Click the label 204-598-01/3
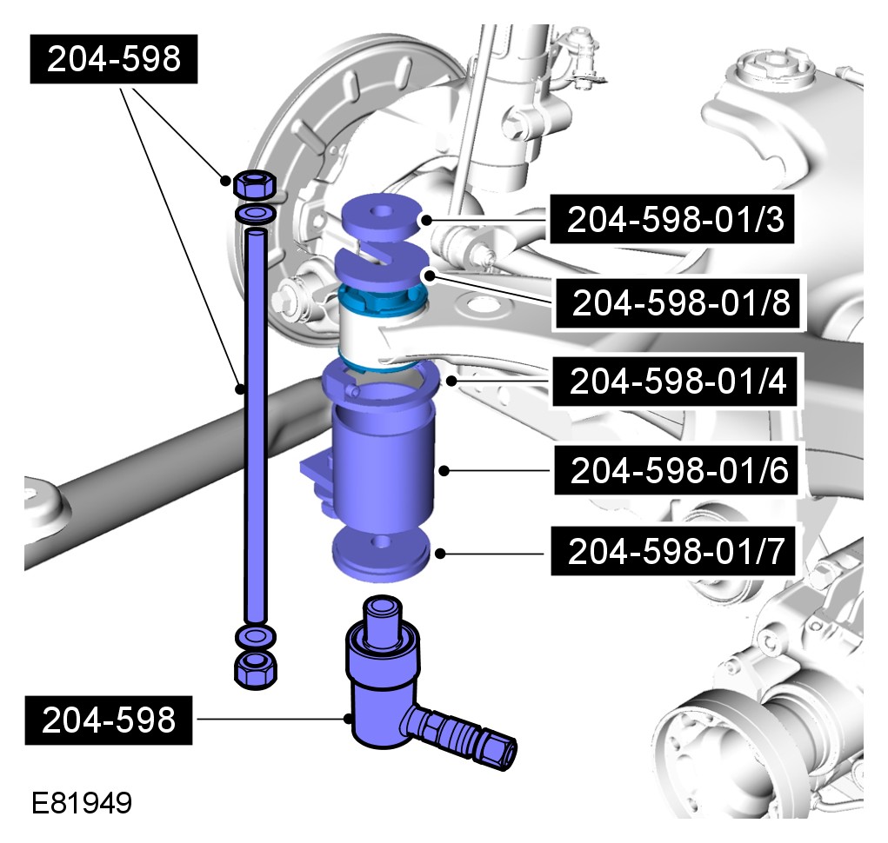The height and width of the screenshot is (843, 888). pyautogui.click(x=671, y=219)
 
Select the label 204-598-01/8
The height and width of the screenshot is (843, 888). pyautogui.click(x=678, y=302)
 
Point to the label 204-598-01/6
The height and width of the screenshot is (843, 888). pyautogui.click(x=676, y=469)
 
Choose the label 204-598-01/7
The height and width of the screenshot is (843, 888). pyautogui.click(x=673, y=551)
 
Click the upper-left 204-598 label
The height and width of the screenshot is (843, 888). pyautogui.click(x=114, y=59)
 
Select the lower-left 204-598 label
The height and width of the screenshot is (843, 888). pyautogui.click(x=109, y=720)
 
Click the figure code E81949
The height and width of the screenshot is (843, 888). pyautogui.click(x=82, y=803)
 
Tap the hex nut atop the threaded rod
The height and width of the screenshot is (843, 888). pyautogui.click(x=254, y=184)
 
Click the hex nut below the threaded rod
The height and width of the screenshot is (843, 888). pyautogui.click(x=256, y=670)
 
